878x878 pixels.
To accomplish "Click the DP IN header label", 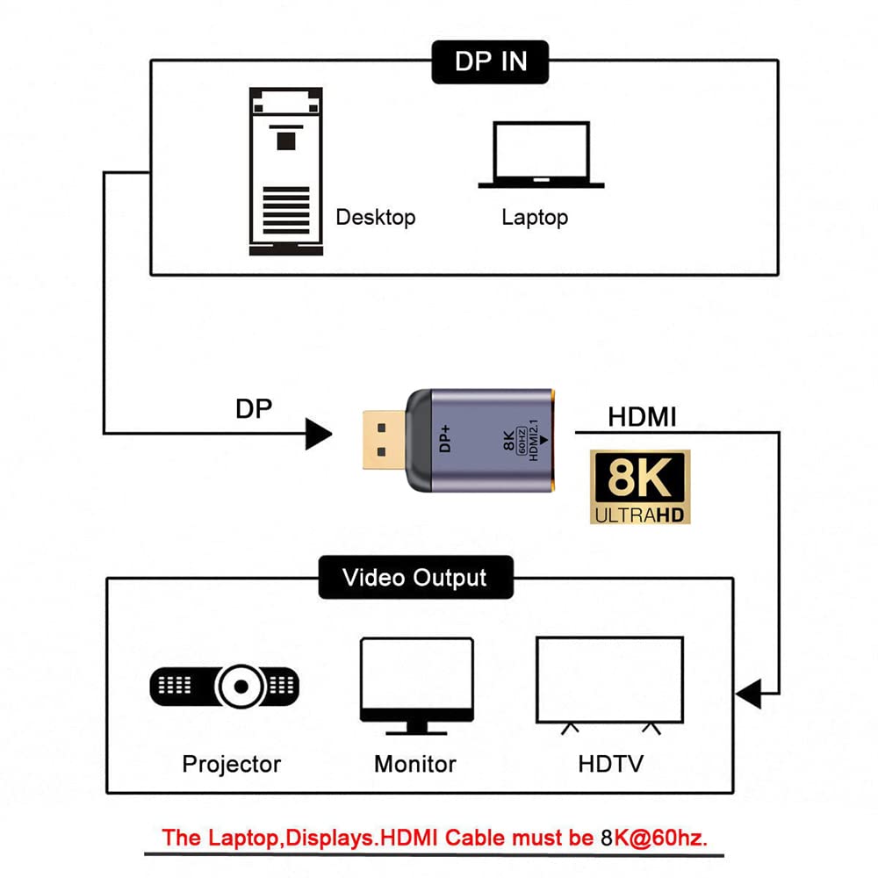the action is coord(490,61).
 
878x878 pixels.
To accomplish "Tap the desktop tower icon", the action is coord(286,171).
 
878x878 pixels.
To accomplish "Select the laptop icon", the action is coord(541,155).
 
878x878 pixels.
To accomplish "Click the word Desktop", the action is coord(376,217).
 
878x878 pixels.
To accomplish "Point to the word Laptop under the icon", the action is coord(535,217).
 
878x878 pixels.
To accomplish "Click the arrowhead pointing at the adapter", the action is coord(319,434).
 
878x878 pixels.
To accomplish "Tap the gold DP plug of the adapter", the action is coord(385,440).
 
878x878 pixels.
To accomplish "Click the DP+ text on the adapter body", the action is coord(445,438).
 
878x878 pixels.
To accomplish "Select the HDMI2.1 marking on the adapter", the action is coord(534,440).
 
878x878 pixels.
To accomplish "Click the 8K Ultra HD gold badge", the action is coord(640,487).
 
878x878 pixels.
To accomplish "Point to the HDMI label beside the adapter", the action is coord(643,417).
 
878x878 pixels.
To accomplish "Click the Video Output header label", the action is coord(415,578).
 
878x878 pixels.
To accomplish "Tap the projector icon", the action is coord(225,687).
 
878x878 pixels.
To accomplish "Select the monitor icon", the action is coord(417,686).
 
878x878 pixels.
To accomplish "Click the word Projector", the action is coord(231,765).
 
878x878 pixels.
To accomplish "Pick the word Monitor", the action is coord(415,765).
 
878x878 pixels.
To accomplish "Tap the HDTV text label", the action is coord(611,764).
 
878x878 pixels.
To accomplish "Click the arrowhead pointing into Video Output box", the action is coord(749,694).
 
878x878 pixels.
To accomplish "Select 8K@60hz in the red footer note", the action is coord(654,838).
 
